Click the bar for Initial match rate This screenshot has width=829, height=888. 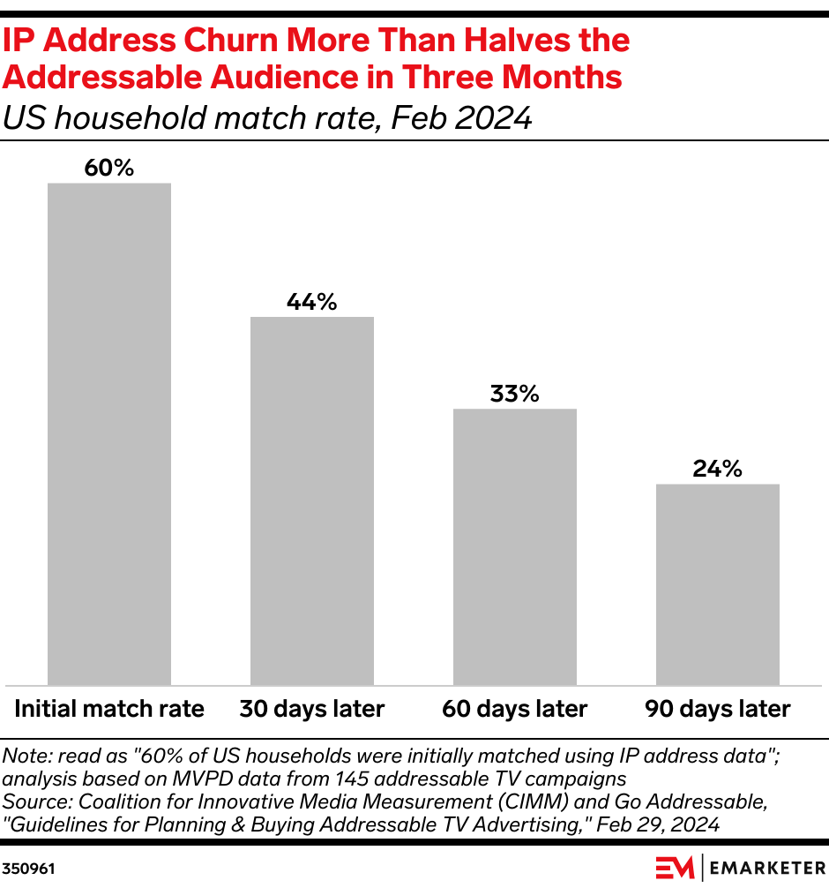tap(109, 433)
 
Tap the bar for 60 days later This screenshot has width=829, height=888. tap(515, 546)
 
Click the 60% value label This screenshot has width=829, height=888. tap(109, 168)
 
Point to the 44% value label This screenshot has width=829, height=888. tap(312, 302)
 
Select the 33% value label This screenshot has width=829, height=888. tap(515, 394)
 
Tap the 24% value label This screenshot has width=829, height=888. tap(718, 469)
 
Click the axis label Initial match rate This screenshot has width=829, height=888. tap(109, 709)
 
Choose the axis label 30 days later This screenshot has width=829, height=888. tap(312, 709)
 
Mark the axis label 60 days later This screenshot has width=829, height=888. tap(515, 709)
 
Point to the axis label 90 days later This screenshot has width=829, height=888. tap(718, 709)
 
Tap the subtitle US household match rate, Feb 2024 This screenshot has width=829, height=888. tap(267, 117)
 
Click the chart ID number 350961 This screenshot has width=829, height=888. tap(28, 869)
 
